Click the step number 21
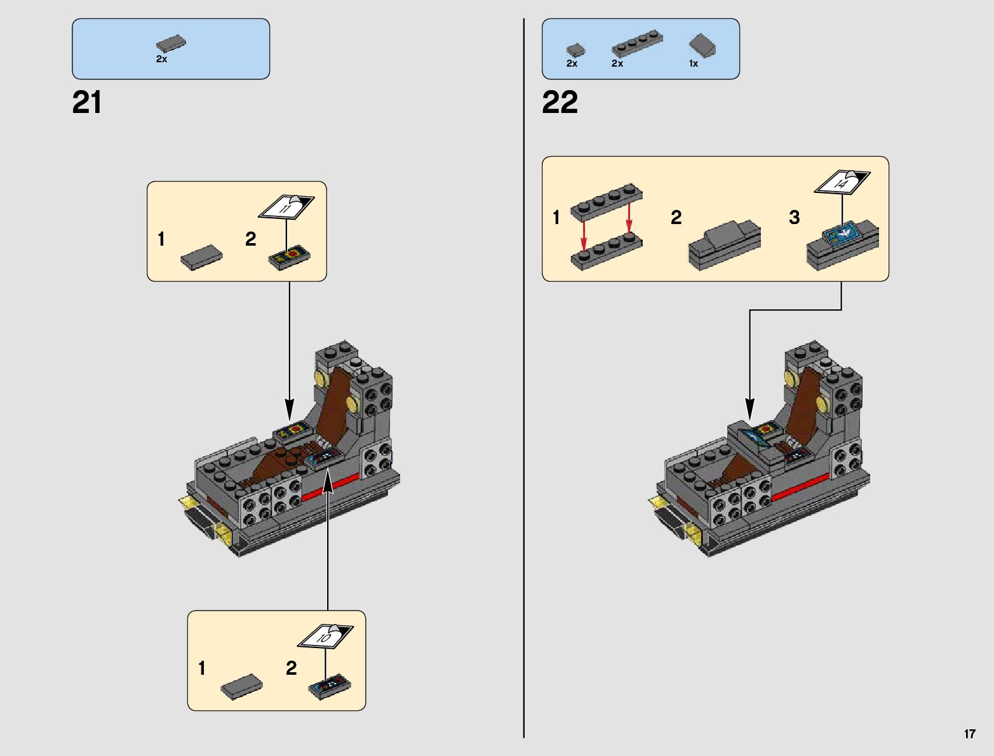(87, 103)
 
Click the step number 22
(560, 103)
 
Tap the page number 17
(969, 734)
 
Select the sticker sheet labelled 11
(286, 206)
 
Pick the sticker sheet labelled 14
(842, 182)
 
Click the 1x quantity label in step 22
(694, 63)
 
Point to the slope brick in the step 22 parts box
(703, 45)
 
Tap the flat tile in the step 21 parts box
(171, 44)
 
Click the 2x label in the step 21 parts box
(161, 59)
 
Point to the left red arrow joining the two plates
(584, 235)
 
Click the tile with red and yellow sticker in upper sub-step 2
(290, 257)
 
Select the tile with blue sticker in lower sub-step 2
(330, 687)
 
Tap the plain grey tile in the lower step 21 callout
(241, 687)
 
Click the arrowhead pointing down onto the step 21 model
(290, 409)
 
